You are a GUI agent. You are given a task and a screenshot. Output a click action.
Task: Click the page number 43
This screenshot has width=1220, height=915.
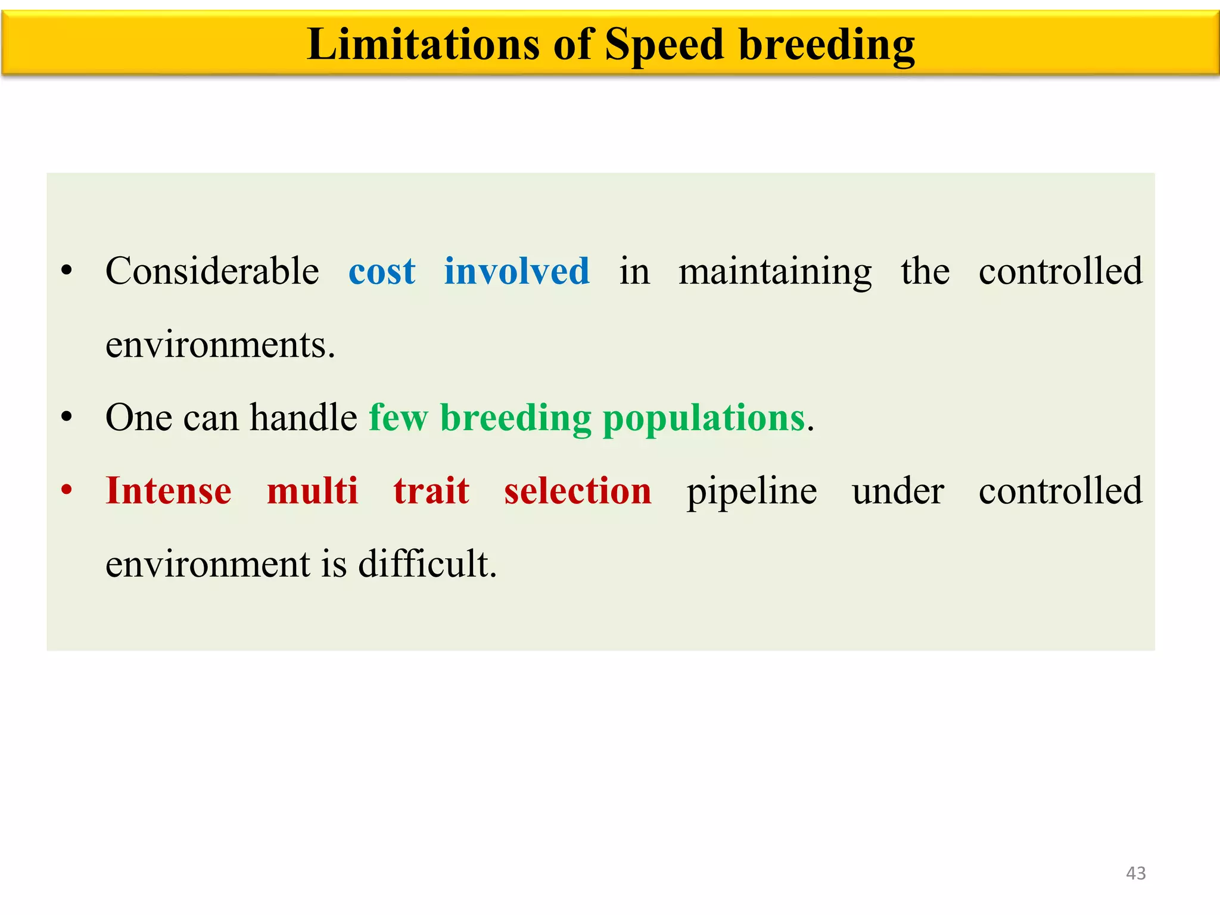tap(1135, 873)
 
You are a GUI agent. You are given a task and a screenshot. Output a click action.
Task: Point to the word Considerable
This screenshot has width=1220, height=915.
tap(212, 271)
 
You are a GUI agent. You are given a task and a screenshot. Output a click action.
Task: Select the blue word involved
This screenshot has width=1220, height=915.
tap(516, 271)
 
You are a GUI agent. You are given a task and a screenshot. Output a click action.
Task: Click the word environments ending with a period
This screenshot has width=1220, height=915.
tap(220, 345)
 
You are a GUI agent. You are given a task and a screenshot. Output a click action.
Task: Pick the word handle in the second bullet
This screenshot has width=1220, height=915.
tap(303, 417)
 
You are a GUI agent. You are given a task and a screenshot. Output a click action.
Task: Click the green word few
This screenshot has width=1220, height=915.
tap(398, 418)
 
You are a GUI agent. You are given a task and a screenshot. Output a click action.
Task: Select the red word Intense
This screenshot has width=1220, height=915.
tap(169, 491)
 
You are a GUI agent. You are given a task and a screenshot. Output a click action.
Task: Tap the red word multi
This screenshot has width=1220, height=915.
tap(312, 491)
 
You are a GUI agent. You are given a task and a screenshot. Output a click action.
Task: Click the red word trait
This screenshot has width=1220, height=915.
tap(431, 491)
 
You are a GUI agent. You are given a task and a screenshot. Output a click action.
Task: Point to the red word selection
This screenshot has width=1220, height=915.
tap(577, 491)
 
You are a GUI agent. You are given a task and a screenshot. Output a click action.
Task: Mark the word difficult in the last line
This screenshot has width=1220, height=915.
tap(427, 564)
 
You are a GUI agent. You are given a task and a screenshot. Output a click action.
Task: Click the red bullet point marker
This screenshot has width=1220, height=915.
tap(67, 490)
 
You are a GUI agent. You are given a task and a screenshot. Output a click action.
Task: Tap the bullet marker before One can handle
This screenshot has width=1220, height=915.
tap(67, 417)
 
